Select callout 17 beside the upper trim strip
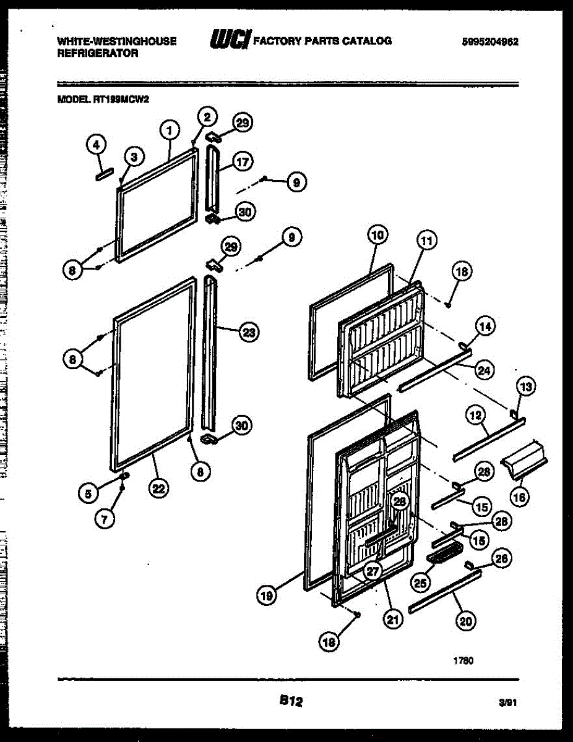pyautogui.click(x=243, y=163)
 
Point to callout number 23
pyautogui.click(x=248, y=332)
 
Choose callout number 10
pyautogui.click(x=377, y=235)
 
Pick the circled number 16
pyautogui.click(x=521, y=497)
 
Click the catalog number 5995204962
pyautogui.click(x=489, y=42)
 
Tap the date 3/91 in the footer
pyautogui.click(x=507, y=703)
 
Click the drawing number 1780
pyautogui.click(x=464, y=660)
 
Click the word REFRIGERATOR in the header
pyautogui.click(x=97, y=53)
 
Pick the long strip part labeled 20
pyautogui.click(x=444, y=589)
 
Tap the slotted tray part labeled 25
pyautogui.click(x=444, y=556)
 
